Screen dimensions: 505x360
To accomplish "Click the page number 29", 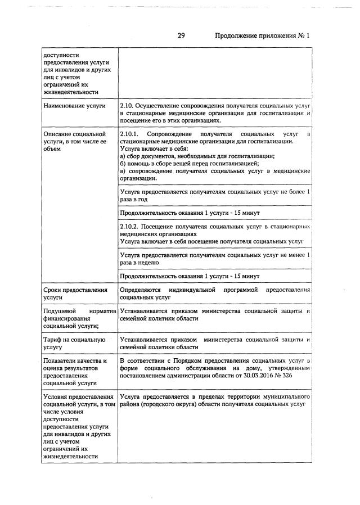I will coord(181,35).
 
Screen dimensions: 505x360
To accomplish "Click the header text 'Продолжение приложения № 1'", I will coord(262,35).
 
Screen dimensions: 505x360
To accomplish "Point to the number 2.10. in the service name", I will coord(129,106).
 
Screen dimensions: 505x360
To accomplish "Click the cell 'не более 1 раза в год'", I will coord(215,196).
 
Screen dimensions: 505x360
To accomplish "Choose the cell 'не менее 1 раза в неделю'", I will coord(215,259).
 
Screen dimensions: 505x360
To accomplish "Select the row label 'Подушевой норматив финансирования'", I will coord(79,318).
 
